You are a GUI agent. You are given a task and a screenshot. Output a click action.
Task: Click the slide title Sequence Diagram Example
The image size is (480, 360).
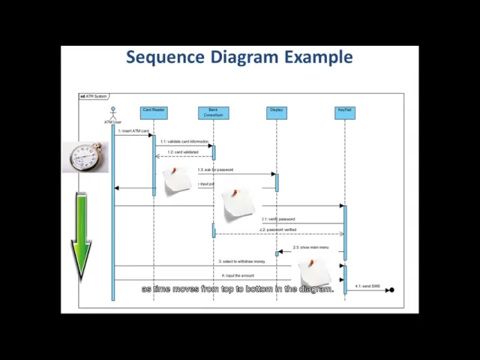click(x=239, y=57)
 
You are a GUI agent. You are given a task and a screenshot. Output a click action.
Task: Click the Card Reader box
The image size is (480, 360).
click(x=154, y=112)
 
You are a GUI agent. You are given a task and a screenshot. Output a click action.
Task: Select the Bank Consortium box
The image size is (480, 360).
click(x=214, y=112)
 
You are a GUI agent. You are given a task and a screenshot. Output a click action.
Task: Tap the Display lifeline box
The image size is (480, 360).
click(x=277, y=112)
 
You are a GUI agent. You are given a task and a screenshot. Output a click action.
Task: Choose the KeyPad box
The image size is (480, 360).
click(x=344, y=112)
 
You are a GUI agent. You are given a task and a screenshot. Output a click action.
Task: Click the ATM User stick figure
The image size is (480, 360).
click(x=113, y=114)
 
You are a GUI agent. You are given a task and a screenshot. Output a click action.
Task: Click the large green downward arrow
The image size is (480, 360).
click(x=81, y=236)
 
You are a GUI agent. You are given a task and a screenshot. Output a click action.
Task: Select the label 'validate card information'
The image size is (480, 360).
click(x=185, y=141)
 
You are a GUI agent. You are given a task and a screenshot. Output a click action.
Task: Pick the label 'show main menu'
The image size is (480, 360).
click(x=307, y=247)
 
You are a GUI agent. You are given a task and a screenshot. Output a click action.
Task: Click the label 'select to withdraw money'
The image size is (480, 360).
click(x=242, y=262)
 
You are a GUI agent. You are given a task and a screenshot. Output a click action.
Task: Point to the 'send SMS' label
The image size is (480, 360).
click(x=368, y=286)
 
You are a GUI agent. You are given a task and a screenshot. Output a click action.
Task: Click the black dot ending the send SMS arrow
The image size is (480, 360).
click(x=391, y=289)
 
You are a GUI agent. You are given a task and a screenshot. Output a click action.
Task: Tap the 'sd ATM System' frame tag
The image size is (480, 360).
click(x=94, y=96)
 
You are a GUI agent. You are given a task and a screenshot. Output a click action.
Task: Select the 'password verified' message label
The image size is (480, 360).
click(x=278, y=229)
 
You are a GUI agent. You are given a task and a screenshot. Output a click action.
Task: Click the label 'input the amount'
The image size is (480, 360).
click(x=238, y=275)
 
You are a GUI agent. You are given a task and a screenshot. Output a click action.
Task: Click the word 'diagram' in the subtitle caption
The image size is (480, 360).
click(x=315, y=289)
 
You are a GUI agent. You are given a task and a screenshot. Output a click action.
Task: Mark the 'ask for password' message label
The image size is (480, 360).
click(x=216, y=169)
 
